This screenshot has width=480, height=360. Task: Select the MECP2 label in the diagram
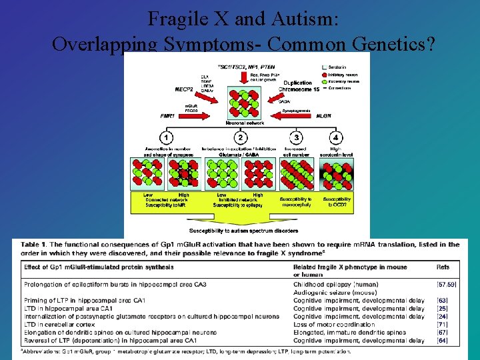pyautogui.click(x=184, y=88)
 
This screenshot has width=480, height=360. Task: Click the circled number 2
pyautogui.click(x=240, y=137)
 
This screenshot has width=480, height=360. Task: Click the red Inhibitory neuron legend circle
pyautogui.click(x=325, y=75)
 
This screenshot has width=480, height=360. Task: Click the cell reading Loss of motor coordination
pyautogui.click(x=334, y=325)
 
